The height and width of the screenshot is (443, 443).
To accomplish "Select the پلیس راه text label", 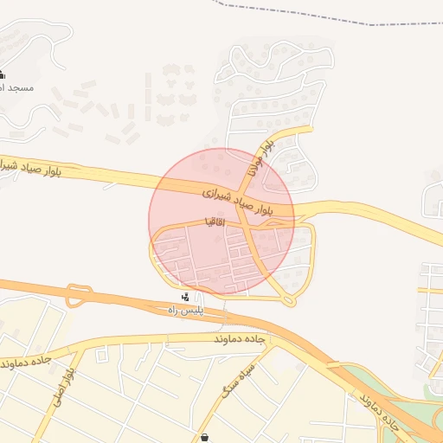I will (x=185, y=310).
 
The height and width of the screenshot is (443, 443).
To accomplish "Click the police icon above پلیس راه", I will (x=185, y=298).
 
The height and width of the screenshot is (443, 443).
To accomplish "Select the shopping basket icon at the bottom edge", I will (x=204, y=438).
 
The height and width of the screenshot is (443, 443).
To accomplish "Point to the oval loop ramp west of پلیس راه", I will (x=79, y=294).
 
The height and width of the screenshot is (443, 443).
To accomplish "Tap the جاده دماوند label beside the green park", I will (x=380, y=413).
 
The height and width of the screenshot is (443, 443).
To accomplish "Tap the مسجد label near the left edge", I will (x=14, y=87).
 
